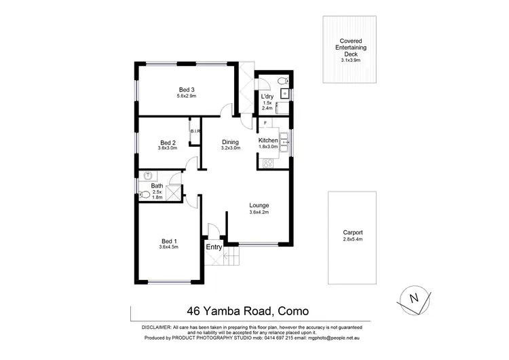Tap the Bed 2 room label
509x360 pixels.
[x=167, y=143]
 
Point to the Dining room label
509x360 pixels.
[x=231, y=143]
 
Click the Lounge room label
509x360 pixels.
[x=259, y=205]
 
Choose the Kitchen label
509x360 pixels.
[x=269, y=140]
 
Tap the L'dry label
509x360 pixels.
[x=267, y=97]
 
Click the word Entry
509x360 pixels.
[x=214, y=247]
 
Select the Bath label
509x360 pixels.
[x=157, y=185]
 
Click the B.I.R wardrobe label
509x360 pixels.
[x=193, y=131]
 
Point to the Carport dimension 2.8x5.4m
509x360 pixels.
[x=353, y=240]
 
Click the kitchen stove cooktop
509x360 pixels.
[x=267, y=163]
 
